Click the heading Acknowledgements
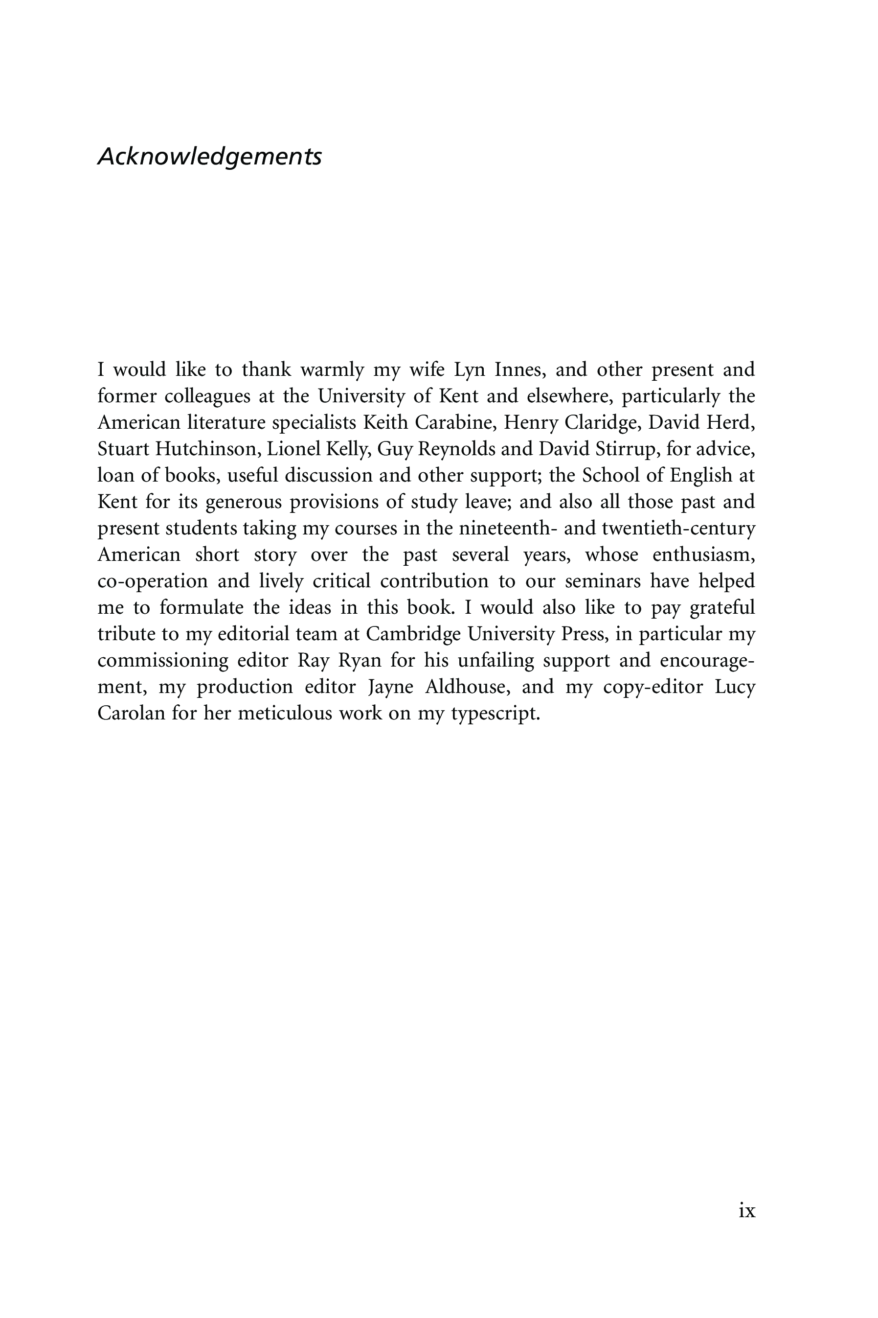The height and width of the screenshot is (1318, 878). point(209,156)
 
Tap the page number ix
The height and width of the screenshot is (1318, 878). point(747,1211)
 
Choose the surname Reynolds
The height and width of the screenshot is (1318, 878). point(456,449)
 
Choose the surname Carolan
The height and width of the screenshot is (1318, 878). point(131,713)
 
